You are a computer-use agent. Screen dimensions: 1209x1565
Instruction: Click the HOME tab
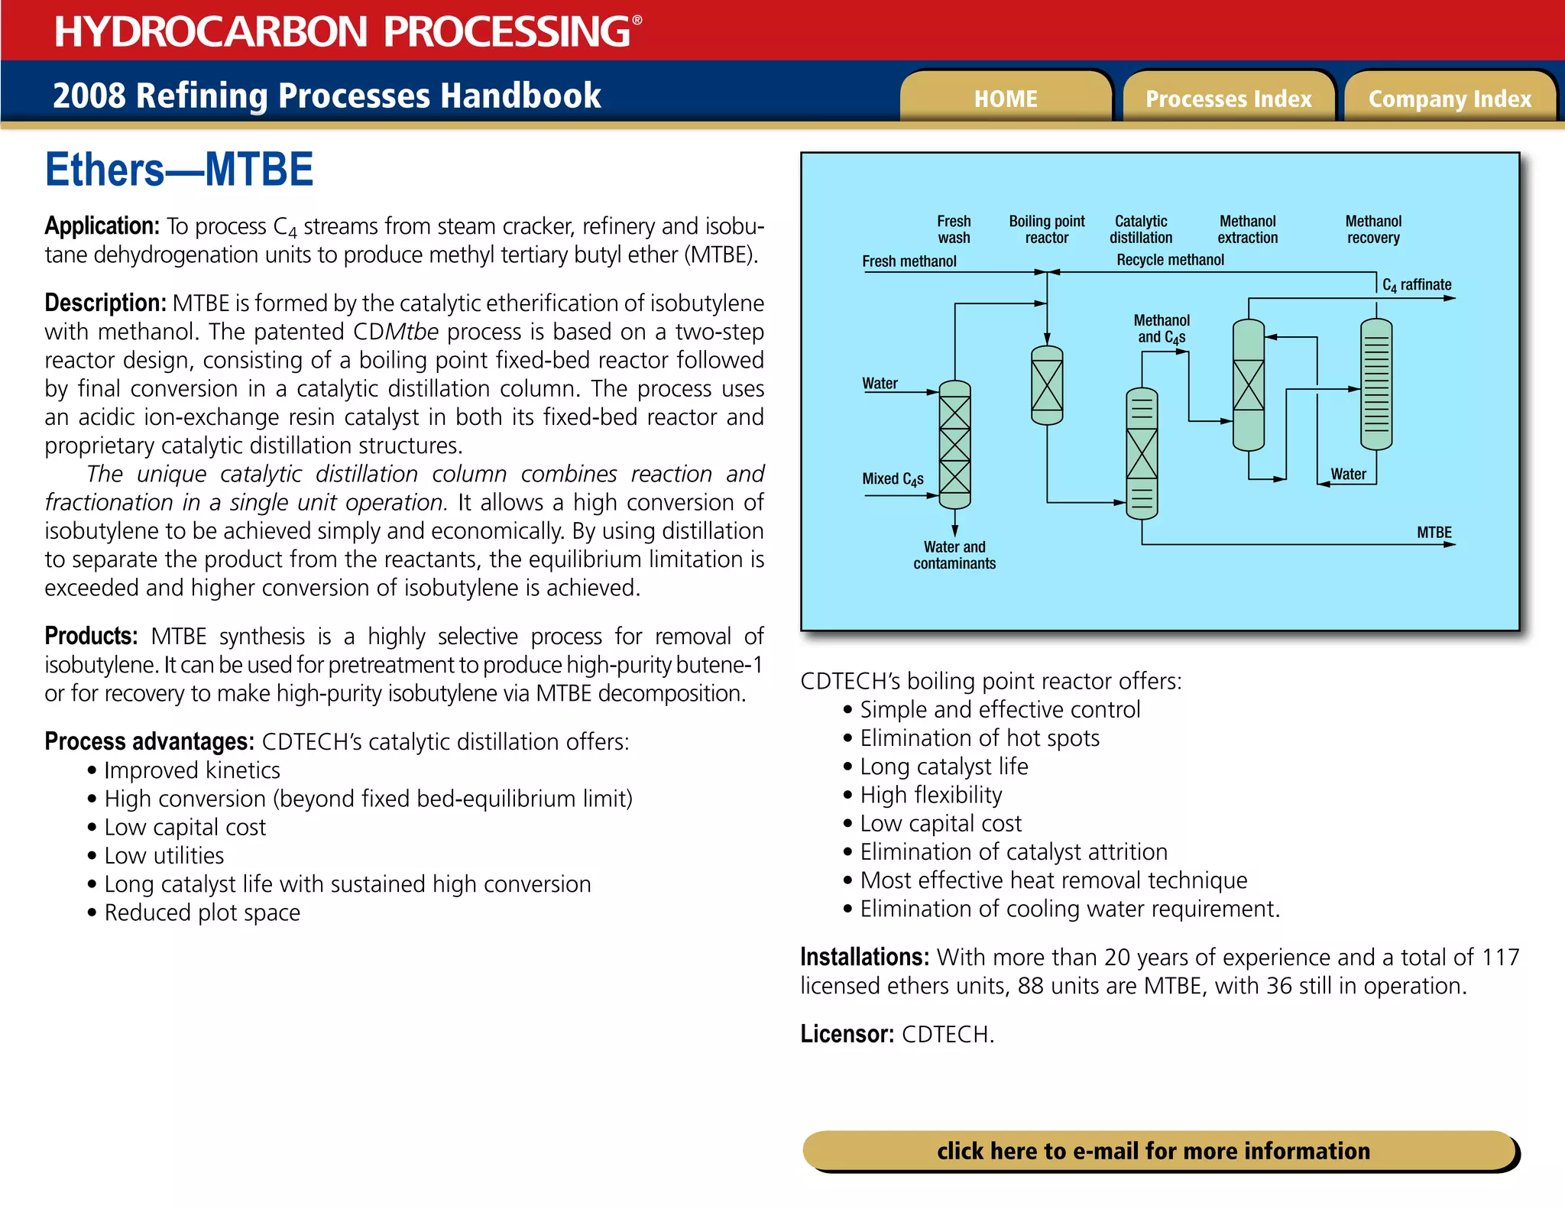point(1006,98)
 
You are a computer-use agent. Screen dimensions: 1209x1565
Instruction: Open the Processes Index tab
point(1228,98)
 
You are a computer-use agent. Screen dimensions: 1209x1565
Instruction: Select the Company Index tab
point(1450,98)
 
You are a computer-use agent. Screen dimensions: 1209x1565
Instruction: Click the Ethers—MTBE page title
point(180,170)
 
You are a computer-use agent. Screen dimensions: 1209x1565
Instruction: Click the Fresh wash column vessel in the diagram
point(954,445)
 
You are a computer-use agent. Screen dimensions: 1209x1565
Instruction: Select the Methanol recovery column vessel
point(1376,384)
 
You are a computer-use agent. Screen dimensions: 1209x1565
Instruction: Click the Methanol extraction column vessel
point(1249,384)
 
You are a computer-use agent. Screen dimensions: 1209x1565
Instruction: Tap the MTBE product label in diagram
point(1434,532)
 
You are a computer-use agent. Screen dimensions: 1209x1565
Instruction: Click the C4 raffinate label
point(1417,284)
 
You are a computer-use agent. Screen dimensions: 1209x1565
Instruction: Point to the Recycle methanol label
point(1170,260)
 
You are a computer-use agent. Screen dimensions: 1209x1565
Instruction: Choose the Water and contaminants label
point(954,555)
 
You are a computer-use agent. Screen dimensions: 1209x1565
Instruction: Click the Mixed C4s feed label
point(893,478)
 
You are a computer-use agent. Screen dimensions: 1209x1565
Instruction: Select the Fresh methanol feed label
point(909,261)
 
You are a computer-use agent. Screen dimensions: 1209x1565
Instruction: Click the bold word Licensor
point(847,1034)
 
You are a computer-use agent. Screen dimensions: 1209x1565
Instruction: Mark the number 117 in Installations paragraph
point(1500,957)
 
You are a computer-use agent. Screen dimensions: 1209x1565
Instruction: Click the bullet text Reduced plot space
point(203,912)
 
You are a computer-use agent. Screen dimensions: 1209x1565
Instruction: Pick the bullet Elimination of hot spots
point(980,738)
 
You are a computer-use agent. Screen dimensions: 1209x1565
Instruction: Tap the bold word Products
point(91,636)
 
